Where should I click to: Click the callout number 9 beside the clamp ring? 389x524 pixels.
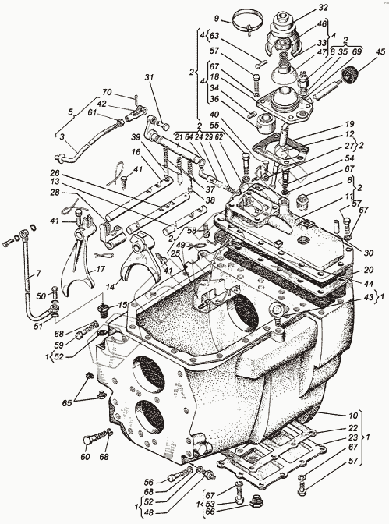point(217,19)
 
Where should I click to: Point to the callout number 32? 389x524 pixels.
point(324,7)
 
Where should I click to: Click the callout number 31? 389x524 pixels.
point(149,77)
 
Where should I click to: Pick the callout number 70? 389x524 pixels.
point(108,92)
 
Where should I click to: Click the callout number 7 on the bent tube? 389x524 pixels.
point(38,274)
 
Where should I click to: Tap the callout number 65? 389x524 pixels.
point(67,402)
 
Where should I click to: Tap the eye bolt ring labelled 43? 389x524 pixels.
point(277,310)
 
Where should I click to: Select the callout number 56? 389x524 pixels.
point(149,482)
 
